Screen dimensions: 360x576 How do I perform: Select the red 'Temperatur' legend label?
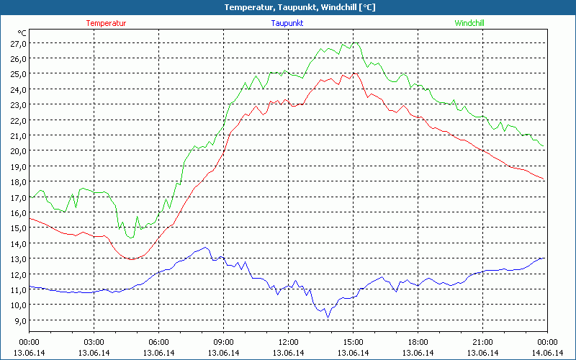[106, 23]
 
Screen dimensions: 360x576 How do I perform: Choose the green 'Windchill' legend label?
[469, 23]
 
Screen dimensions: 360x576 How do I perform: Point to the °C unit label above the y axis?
[22, 33]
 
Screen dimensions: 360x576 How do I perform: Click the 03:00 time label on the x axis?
[94, 342]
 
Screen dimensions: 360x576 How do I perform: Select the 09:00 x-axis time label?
[223, 342]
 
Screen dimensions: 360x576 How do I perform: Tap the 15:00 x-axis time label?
[353, 342]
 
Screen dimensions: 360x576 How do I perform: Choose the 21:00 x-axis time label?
[482, 342]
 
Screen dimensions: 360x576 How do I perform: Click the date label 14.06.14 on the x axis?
[547, 353]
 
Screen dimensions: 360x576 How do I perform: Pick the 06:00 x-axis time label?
[158, 342]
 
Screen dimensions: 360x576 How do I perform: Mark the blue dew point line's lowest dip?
[328, 317]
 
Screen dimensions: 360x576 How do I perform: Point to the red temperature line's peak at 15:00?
[353, 73]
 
